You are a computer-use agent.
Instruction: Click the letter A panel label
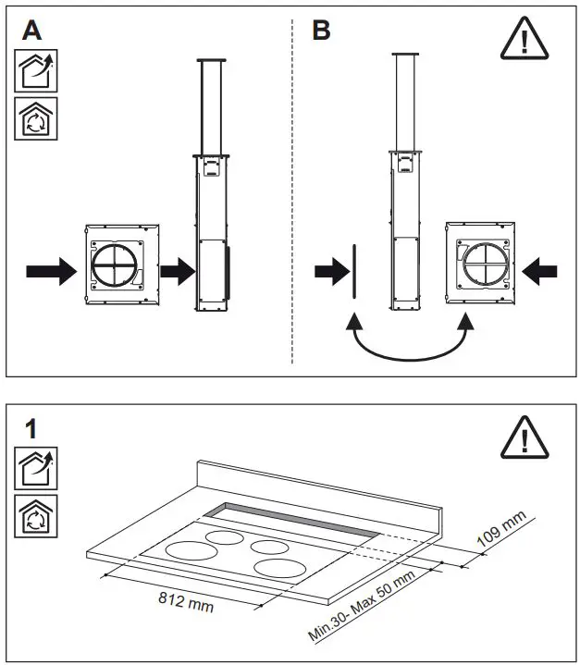(31, 31)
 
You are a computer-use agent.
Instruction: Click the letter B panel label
(321, 31)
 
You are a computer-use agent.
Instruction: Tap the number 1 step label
(31, 428)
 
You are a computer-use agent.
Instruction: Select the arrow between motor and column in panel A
(176, 271)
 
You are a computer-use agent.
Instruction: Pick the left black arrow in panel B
(328, 271)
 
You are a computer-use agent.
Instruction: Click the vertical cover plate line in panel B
(352, 270)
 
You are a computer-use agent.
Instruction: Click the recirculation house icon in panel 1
(35, 515)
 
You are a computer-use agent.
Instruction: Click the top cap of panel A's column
(212, 60)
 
